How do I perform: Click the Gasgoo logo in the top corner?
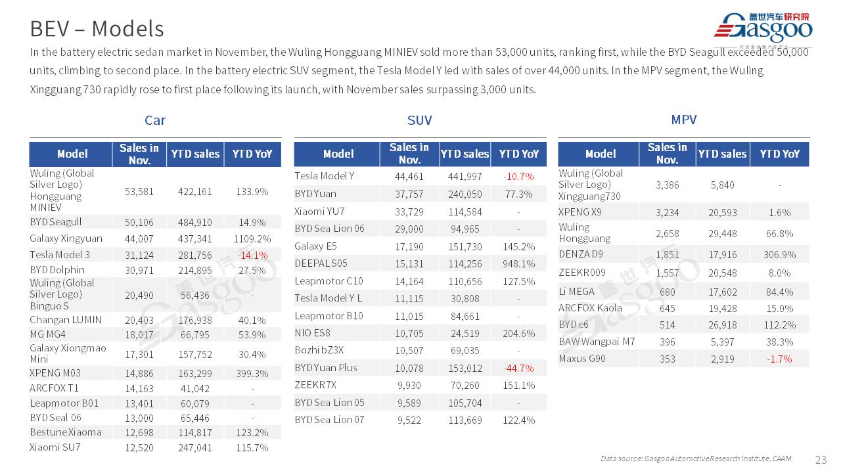point(763,28)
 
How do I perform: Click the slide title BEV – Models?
point(97,28)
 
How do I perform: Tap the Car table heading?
point(155,120)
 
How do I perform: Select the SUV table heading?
point(419,120)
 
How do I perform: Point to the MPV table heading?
point(683,120)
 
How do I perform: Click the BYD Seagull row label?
point(56,222)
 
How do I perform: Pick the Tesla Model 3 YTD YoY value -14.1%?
point(252,255)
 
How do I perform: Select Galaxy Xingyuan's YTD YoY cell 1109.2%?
point(252,238)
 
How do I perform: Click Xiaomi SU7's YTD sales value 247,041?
point(195,448)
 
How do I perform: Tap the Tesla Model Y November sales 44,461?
point(409,177)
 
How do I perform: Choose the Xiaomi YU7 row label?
point(319,212)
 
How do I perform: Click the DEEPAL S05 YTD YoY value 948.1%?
point(518,264)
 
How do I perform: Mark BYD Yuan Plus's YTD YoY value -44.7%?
point(518,368)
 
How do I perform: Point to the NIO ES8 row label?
point(313,333)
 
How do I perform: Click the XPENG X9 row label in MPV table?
point(580,212)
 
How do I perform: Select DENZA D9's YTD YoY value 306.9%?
point(780,254)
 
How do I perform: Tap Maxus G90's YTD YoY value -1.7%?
point(780,359)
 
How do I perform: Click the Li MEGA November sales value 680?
point(667,292)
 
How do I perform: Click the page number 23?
point(821,459)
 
